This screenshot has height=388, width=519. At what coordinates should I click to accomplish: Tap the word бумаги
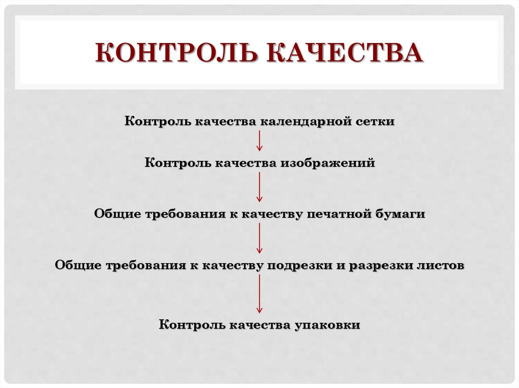point(399,214)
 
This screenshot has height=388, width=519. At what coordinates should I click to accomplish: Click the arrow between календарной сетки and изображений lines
point(259,141)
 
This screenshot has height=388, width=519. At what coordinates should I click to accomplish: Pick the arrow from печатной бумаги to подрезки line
point(259,238)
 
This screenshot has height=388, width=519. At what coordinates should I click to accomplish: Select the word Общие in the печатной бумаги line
point(117,214)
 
